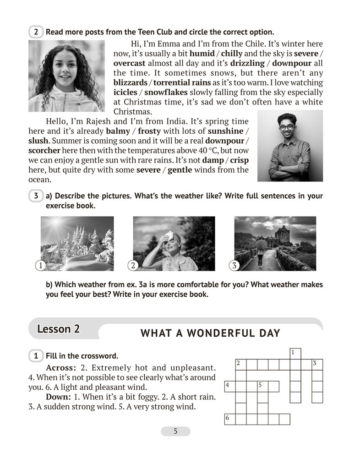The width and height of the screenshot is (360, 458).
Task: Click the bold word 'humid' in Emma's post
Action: click(x=202, y=54)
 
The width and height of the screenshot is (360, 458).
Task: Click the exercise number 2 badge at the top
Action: click(x=36, y=32)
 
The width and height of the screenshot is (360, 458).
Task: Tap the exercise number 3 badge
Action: click(x=36, y=196)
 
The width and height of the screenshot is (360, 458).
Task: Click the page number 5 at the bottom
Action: click(x=175, y=431)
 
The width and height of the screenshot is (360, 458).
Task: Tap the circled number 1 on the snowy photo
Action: click(x=40, y=265)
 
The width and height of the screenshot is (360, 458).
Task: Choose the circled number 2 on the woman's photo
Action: click(x=133, y=265)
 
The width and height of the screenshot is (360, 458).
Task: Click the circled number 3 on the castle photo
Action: click(x=234, y=265)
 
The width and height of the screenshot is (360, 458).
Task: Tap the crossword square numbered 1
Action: click(x=295, y=353)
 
